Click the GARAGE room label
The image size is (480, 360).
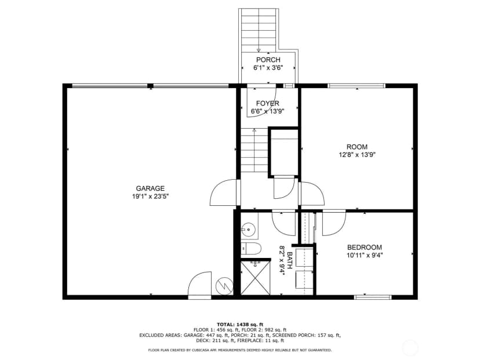coord(150,188)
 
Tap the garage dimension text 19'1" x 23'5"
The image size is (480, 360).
coord(150,197)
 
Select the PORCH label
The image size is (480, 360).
coord(268,60)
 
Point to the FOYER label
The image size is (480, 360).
coord(268,103)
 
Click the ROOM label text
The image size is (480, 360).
coord(357,147)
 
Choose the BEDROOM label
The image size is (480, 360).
coord(364,247)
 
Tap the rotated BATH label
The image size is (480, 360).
coord(290,260)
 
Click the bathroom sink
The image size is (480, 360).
coord(248,228)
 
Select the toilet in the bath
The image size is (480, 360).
coord(250,248)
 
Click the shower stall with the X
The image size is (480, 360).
coord(256,277)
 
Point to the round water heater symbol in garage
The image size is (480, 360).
coord(224,286)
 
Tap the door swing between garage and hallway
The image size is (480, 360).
coord(223,192)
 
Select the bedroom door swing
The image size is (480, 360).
coord(334,223)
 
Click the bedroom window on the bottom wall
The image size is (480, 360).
coord(373,297)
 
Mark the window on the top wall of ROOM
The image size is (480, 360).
coord(357,86)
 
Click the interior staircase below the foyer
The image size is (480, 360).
coord(254,150)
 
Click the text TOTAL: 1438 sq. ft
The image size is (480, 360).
coord(240,325)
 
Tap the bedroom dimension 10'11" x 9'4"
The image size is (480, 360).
coord(364,255)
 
